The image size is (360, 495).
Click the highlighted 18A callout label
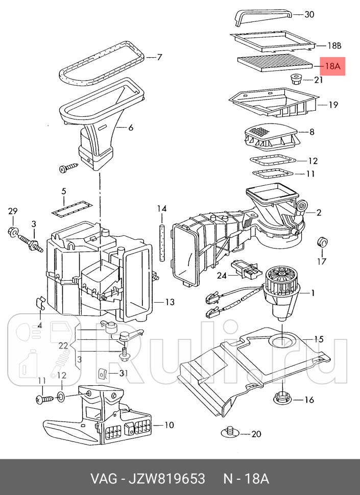point(331,66)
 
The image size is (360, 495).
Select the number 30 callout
point(309,14)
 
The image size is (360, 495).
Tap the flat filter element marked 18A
point(275,64)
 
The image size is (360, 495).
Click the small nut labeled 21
point(295,79)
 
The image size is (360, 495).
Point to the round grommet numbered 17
point(322,242)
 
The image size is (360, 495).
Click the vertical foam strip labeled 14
point(162,239)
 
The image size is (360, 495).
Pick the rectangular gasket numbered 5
point(73,207)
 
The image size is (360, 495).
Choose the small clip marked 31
point(102,374)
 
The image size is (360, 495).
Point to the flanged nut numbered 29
point(13,232)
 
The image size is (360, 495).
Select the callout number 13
point(170,302)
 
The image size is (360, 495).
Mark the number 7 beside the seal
point(159,57)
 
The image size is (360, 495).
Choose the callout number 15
point(319,339)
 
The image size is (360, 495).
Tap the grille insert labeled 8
point(270,135)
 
